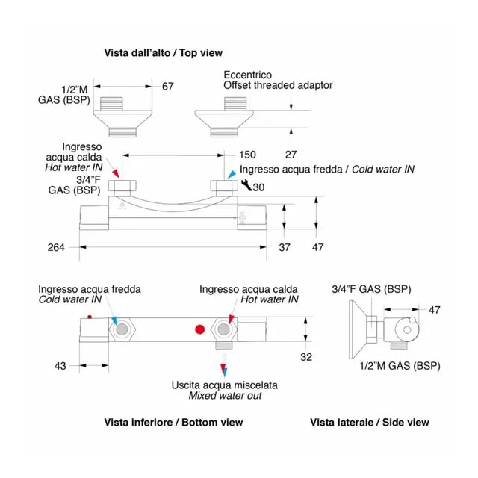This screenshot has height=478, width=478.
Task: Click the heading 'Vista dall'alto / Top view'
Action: [163, 53]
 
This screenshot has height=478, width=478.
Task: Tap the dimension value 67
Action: [167, 87]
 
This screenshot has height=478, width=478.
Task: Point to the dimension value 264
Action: [56, 247]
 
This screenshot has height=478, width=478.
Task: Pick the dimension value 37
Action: [285, 247]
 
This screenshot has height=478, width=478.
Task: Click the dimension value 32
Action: [306, 357]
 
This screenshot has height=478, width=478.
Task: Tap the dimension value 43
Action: [60, 366]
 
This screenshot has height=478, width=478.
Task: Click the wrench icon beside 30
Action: [246, 186]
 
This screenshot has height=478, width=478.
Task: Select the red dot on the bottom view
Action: [199, 329]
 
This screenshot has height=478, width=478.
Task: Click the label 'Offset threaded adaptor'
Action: [278, 86]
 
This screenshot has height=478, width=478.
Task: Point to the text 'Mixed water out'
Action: [225, 396]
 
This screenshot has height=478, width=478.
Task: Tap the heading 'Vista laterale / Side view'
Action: [370, 423]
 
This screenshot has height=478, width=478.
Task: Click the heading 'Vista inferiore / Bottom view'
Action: [173, 423]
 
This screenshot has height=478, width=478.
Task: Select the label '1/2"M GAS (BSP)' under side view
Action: [400, 365]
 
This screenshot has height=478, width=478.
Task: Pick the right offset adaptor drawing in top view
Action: [223, 117]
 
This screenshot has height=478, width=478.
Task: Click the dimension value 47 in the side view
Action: [435, 308]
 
